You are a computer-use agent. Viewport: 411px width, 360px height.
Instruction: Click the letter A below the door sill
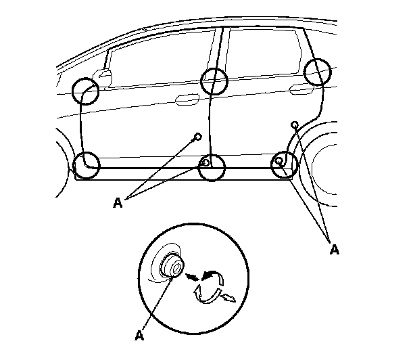[x=118, y=201]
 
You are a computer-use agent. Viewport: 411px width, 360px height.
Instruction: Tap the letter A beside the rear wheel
[x=333, y=249]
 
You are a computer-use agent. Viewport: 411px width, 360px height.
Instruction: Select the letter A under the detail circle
[x=141, y=334]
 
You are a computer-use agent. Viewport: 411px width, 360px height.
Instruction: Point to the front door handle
[x=187, y=101]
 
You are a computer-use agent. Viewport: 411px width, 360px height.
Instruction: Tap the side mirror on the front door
[x=103, y=74]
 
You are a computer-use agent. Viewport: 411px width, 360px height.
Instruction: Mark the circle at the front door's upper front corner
[x=85, y=89]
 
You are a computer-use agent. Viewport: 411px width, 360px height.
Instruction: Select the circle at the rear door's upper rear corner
[x=317, y=72]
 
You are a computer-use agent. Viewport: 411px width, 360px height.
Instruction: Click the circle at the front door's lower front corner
[x=86, y=164]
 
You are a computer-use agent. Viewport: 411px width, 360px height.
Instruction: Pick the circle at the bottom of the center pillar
[x=212, y=166]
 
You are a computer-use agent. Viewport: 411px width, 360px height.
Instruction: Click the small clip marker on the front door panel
[x=197, y=137]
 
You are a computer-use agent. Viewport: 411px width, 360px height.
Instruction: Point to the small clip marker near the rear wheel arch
[x=295, y=125]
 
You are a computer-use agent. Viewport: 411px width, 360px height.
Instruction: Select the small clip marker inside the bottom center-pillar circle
[x=205, y=163]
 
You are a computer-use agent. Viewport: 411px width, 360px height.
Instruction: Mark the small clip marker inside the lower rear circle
[x=279, y=162]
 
